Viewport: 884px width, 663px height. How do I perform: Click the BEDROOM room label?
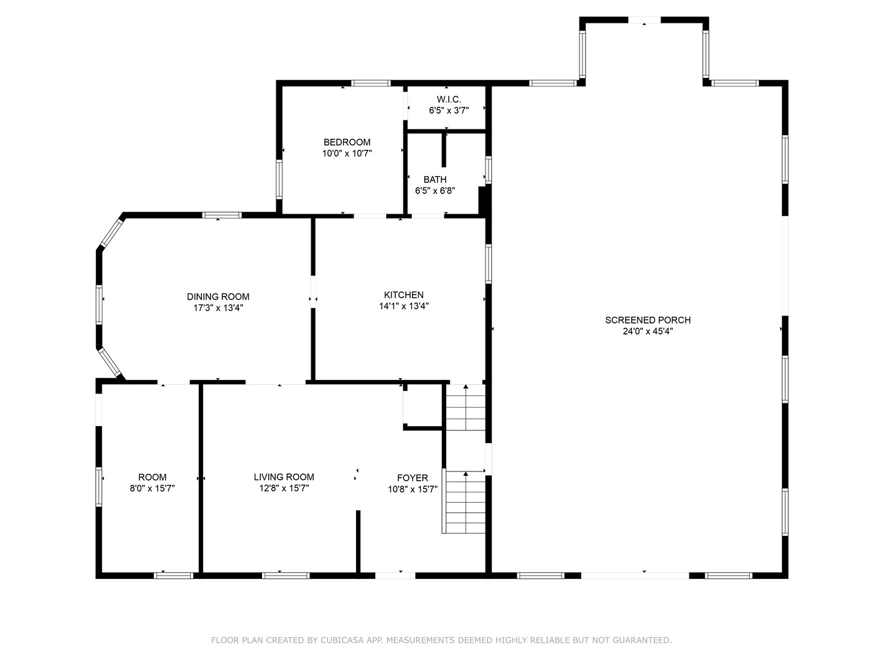[x=347, y=142]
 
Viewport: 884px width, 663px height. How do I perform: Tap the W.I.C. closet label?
[x=449, y=99]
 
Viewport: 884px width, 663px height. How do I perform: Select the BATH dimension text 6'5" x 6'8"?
[x=435, y=190]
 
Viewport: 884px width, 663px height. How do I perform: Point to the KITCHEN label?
[x=403, y=295]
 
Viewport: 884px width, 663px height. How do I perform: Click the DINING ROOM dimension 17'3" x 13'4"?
[x=218, y=308]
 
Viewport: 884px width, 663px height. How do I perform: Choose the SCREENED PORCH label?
[x=648, y=320]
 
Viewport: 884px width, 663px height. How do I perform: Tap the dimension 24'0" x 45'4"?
[x=648, y=331]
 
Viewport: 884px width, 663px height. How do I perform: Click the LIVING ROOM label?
[x=284, y=477]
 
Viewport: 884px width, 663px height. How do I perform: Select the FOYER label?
[x=413, y=478]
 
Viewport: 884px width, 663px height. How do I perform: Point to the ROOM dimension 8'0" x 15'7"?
[x=152, y=488]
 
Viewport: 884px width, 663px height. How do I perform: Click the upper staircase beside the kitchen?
[x=466, y=407]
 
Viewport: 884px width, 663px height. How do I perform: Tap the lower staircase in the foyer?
[x=465, y=502]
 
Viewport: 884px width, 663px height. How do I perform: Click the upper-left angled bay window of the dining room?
[x=111, y=233]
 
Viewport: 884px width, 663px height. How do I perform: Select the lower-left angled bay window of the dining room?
[x=110, y=362]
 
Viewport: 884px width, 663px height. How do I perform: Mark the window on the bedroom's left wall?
[x=279, y=179]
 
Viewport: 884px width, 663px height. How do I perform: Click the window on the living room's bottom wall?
[x=286, y=576]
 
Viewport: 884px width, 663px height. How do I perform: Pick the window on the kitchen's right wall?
[x=489, y=264]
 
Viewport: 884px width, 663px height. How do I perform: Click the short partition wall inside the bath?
[x=444, y=149]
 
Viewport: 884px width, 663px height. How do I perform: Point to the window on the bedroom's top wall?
[x=371, y=83]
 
